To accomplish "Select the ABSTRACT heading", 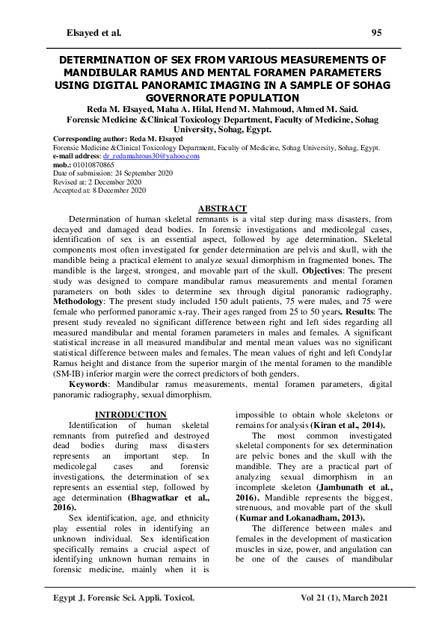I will tap(222, 208).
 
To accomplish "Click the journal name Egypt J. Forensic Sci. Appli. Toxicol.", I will tap(120, 598).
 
